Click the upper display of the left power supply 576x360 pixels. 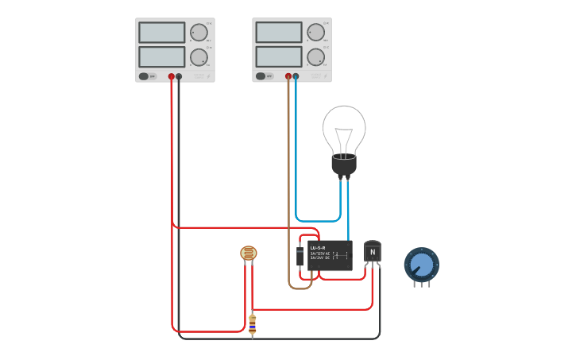click(x=161, y=33)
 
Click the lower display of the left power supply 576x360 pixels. click(x=161, y=57)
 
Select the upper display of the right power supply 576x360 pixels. click(x=279, y=33)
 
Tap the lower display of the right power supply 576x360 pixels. click(x=279, y=57)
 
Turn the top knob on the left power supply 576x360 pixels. click(x=198, y=33)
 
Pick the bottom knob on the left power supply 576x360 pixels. click(x=198, y=57)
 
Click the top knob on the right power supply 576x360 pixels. click(x=315, y=33)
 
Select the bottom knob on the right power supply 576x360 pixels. click(x=315, y=57)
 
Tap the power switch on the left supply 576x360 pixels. click(x=144, y=76)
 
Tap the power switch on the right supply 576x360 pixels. click(x=261, y=76)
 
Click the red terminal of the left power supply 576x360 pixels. click(x=171, y=77)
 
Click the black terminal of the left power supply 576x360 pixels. click(x=179, y=77)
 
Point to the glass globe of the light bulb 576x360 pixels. click(x=344, y=127)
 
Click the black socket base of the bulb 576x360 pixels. click(x=344, y=165)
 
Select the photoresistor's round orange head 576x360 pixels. click(x=249, y=254)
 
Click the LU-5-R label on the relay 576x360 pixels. click(x=318, y=248)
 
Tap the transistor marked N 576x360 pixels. click(x=372, y=252)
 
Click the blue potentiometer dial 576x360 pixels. click(x=421, y=263)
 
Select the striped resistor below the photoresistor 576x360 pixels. click(x=253, y=323)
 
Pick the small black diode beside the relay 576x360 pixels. click(x=300, y=257)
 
